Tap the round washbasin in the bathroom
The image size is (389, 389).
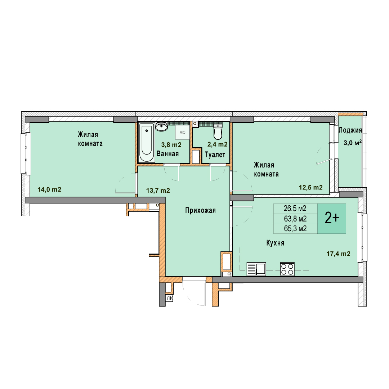coord(162,126)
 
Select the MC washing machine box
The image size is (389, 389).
coord(182,132)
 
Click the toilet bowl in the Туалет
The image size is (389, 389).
coord(218,132)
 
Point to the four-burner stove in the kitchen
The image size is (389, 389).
coord(287,269)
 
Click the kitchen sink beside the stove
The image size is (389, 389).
coord(256,269)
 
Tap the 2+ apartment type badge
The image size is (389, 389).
coord(332,219)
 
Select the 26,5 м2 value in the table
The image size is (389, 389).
coord(295,209)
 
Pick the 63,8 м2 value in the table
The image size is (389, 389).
coord(295,219)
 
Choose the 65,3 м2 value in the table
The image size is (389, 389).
coord(295,228)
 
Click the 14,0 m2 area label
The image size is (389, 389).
coord(49,189)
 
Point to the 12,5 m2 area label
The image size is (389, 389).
coord(310,187)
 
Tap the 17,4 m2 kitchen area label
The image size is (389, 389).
coord(338,254)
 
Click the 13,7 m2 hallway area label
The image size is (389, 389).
coord(158,190)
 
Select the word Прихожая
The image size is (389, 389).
coord(201,211)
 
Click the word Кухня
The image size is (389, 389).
coord(275,243)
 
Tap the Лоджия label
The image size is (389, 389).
coord(350,130)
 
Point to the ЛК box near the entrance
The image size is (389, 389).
coord(169,299)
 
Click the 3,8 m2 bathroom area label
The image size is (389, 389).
coord(171,145)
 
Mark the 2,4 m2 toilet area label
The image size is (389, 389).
coord(217,144)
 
